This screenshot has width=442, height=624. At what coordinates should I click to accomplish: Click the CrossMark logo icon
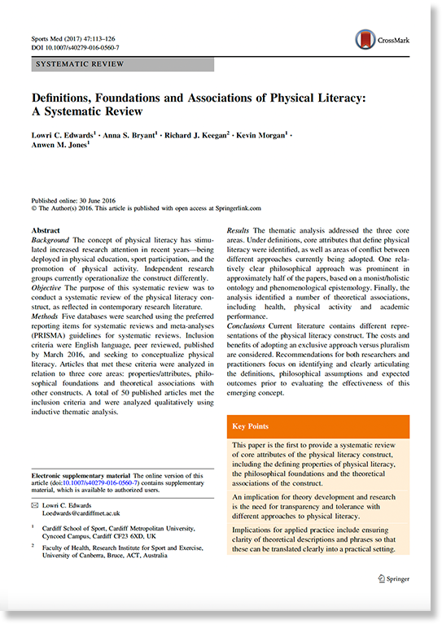[365, 39]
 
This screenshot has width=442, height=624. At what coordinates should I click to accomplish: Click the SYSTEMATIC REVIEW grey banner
[122, 64]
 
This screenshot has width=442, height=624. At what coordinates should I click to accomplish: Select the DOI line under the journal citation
[74, 48]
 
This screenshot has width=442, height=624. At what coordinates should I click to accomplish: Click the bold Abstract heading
[45, 231]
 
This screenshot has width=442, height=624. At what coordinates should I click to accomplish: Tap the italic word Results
[237, 231]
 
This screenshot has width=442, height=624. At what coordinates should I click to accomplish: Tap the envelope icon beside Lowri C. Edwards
[34, 505]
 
